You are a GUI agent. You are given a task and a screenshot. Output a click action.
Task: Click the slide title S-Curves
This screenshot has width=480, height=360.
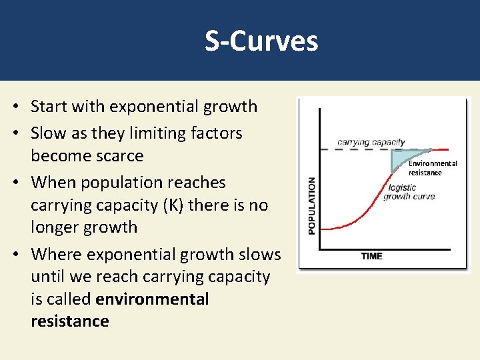pos(261,41)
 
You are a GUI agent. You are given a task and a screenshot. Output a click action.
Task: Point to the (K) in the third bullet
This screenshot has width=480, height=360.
pos(170,205)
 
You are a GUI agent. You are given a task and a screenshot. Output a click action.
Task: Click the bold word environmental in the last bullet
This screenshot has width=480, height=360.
pos(152,299)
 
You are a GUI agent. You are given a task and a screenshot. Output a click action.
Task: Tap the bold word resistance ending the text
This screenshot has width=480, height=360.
pos(69,321)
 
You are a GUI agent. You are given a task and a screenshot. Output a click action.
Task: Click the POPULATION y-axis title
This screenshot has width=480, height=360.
pos(311,205)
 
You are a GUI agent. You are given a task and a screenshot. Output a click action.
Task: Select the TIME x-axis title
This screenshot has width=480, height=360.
pos(371,256)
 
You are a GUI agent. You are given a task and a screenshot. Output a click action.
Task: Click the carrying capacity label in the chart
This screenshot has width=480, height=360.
pos(371,142)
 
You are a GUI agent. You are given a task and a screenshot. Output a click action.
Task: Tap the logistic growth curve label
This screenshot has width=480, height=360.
pos(408,192)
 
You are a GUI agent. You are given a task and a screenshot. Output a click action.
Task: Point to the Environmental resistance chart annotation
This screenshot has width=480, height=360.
pos(432,168)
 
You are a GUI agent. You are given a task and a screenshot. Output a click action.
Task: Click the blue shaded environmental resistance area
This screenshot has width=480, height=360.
pos(401,159)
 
